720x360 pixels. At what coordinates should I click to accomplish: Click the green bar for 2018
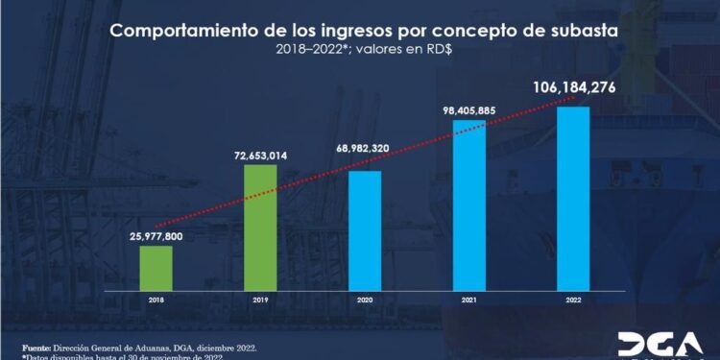pos(156,273)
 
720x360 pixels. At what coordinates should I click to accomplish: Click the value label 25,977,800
pos(156,236)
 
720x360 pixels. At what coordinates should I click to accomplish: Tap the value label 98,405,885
pos(469,108)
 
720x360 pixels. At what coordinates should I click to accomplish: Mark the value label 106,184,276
pos(574,89)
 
